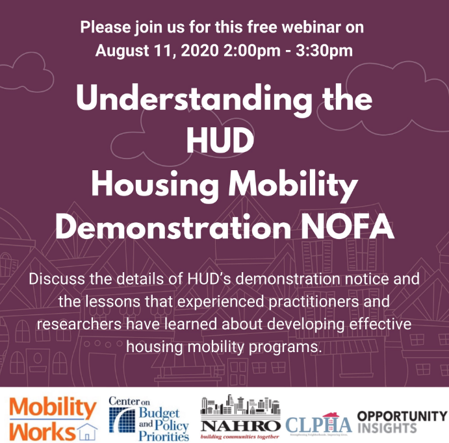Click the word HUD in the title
click(224, 140)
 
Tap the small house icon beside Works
click(85, 429)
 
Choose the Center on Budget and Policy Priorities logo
click(149, 418)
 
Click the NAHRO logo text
click(242, 425)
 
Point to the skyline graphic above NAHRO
click(242, 405)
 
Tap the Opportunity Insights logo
click(402, 422)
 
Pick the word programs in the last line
click(287, 346)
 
